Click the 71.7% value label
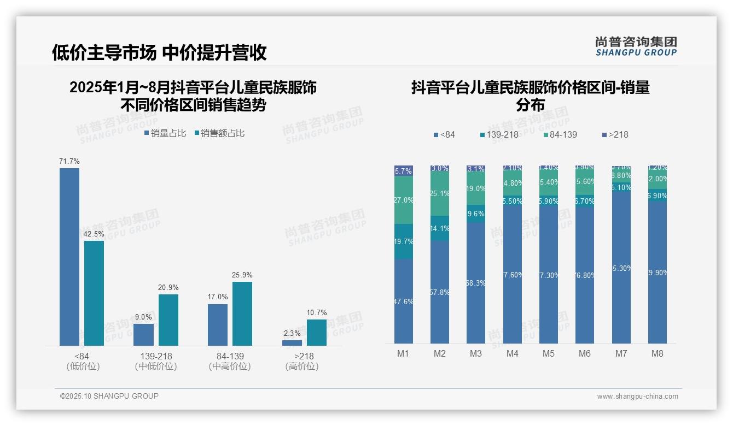pos(69,161)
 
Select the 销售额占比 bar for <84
pos(94,293)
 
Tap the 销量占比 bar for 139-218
pos(143,334)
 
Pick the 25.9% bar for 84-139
pos(242,313)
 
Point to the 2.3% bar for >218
pos(292,343)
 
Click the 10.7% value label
pos(317,312)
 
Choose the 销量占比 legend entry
pos(165,133)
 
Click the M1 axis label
pos(403,353)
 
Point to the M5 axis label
pos(549,353)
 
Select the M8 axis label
pos(658,353)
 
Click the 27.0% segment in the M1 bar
pos(404,200)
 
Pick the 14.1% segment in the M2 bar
pos(440,228)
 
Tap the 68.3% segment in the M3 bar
pos(476,282)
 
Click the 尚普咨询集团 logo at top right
pos(636,46)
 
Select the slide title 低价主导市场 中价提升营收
pos(159,52)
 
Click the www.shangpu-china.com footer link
pos(637,397)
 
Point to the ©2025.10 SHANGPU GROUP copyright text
pos(109,396)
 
